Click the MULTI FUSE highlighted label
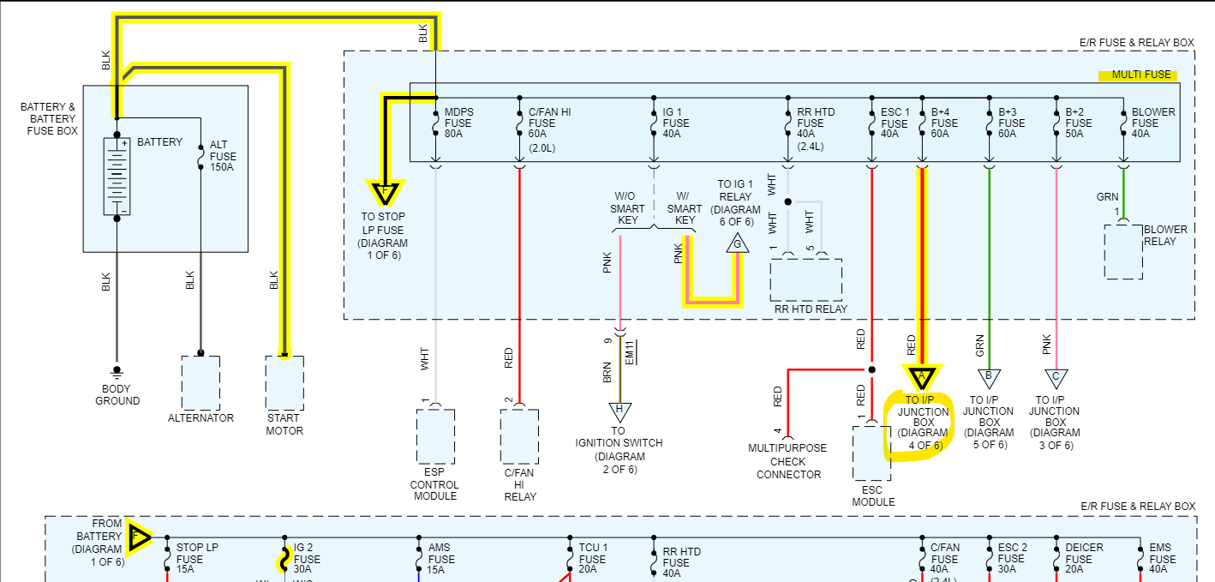coord(1137,75)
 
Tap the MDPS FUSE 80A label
coord(458,123)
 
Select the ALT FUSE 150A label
coord(223,157)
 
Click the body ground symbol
coord(117,373)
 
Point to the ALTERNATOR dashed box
coord(201,382)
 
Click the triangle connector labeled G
coord(736,244)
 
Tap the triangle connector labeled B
coord(989,377)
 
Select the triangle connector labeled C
coord(1056,377)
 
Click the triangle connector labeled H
coord(619,412)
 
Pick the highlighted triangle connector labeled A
coord(922,376)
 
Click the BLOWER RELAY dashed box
coord(1123,252)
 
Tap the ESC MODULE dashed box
coord(871,452)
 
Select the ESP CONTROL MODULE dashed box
coord(435,437)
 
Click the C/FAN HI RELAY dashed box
coord(519,437)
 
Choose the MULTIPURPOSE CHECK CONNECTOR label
coord(788,461)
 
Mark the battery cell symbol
coord(117,176)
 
